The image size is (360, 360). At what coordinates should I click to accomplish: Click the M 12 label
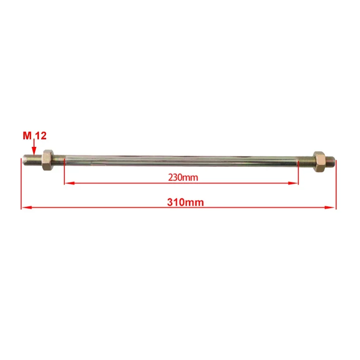pos(35,136)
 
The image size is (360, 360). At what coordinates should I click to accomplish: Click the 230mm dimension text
pos(183,177)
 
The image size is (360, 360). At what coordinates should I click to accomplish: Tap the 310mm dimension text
pos(185,202)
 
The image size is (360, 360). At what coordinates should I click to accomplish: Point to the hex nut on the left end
pos(48,160)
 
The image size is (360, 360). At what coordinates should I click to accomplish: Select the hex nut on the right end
pos(319,162)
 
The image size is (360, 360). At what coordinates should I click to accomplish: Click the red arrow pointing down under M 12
pos(34,147)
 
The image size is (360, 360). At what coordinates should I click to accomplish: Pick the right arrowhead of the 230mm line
pos(293,183)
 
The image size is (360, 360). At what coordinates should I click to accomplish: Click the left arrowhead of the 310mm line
pos(27,207)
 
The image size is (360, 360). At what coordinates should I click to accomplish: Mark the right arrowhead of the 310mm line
pos(330,208)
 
